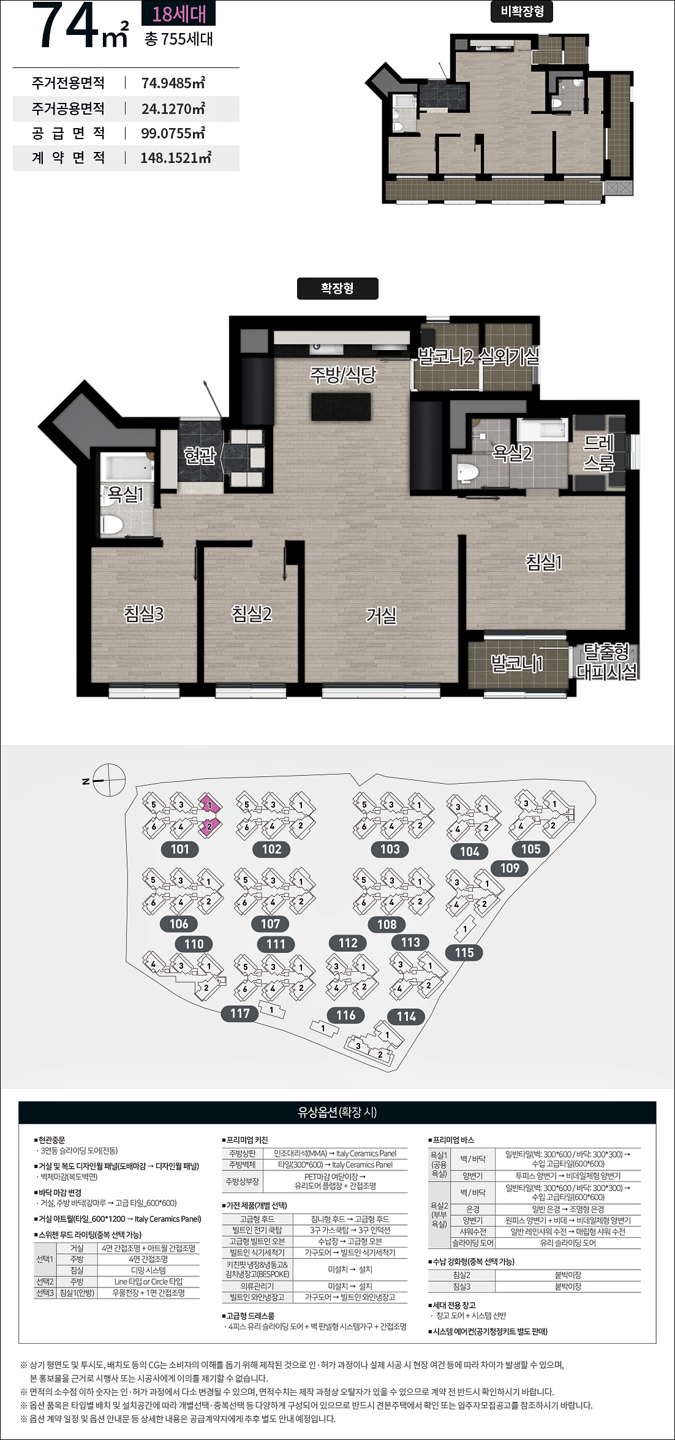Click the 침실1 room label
pos(543,562)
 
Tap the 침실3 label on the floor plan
pos(144,613)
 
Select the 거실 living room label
pos(381,615)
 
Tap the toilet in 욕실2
pos(468,472)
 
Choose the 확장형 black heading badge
pos(337,289)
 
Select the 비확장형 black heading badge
pos(522,12)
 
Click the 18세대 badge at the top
pos(179,13)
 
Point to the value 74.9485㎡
pos(173,83)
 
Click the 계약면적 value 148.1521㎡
pos(176,157)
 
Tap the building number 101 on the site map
pos(180,849)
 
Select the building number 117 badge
pos(240,1014)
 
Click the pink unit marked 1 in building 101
pos(209,805)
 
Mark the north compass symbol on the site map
pos(108,781)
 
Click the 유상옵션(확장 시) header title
pos(337,1112)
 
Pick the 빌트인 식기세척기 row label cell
pos(257,1252)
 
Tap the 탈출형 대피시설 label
pos(606,662)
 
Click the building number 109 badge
pos(510,868)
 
